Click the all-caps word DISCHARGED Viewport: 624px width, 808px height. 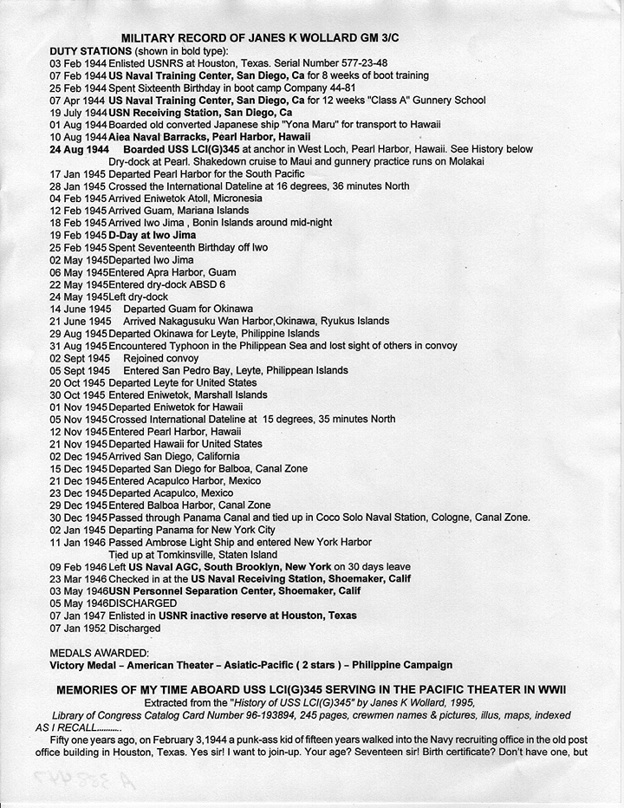pyautogui.click(x=143, y=603)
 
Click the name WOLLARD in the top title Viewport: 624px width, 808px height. pyautogui.click(x=318, y=39)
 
